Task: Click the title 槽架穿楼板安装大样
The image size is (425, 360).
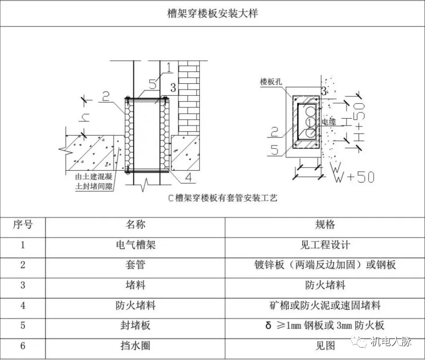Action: [213, 13]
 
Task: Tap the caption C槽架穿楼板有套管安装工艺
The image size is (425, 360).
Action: [223, 198]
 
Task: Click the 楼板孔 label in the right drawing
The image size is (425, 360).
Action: [271, 81]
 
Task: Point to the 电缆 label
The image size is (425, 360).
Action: [329, 121]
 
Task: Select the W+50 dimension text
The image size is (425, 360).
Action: [355, 177]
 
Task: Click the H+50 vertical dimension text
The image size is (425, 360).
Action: [359, 122]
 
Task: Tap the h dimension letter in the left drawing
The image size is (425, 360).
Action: [84, 117]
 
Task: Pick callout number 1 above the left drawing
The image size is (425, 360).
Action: [169, 67]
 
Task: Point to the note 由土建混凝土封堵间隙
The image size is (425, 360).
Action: [94, 182]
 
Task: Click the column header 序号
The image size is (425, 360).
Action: [23, 225]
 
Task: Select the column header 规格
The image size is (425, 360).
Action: [325, 225]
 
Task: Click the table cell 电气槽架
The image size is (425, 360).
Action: [136, 245]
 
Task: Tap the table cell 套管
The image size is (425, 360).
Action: [136, 265]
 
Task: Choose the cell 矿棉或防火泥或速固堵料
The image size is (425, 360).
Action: [325, 305]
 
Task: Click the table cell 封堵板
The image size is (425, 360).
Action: [136, 325]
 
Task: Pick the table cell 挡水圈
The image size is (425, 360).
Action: [136, 346]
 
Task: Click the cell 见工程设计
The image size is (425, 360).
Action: [325, 245]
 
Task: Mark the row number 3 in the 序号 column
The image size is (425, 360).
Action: [23, 285]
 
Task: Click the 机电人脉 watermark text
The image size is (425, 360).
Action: [391, 341]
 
